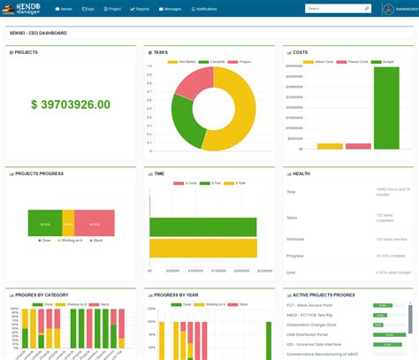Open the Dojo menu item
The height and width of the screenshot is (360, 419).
(x=88, y=8)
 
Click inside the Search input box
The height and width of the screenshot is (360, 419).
(x=333, y=8)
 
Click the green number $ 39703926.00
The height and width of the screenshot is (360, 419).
(x=71, y=104)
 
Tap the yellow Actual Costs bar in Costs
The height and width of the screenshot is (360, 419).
(x=330, y=146)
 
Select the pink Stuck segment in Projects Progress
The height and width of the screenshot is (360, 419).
(x=95, y=223)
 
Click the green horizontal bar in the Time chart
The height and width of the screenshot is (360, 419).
(x=202, y=226)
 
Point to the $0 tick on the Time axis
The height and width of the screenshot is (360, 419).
(x=149, y=271)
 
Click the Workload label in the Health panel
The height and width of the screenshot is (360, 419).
(x=297, y=239)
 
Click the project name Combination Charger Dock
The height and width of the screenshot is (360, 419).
(x=323, y=326)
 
